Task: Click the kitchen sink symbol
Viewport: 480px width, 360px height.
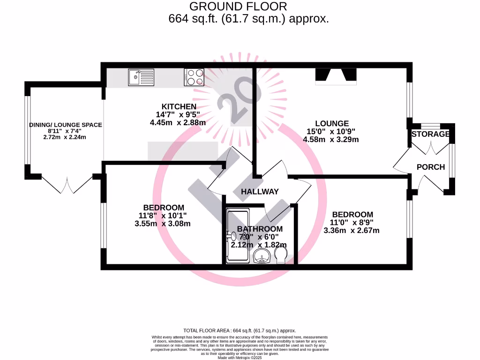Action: click(141, 77)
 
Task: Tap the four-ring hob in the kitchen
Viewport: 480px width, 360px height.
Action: click(195, 77)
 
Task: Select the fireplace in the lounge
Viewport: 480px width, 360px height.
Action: click(336, 76)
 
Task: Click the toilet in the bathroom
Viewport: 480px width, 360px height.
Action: click(281, 255)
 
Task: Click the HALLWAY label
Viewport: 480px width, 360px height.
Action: click(260, 191)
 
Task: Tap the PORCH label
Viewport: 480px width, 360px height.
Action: click(430, 167)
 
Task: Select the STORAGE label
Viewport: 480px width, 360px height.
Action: click(430, 135)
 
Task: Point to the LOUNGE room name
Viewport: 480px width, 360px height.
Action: click(331, 124)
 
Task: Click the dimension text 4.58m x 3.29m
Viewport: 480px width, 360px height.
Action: click(331, 139)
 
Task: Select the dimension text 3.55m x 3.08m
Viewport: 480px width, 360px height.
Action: click(163, 224)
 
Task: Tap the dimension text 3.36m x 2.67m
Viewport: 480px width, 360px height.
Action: click(352, 230)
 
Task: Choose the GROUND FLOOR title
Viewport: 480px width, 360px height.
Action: click(238, 7)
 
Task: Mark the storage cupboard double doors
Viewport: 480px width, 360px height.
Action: click(430, 146)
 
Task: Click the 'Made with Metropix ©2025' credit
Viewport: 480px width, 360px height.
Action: click(240, 358)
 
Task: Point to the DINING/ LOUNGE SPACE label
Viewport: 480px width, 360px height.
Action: click(65, 125)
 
